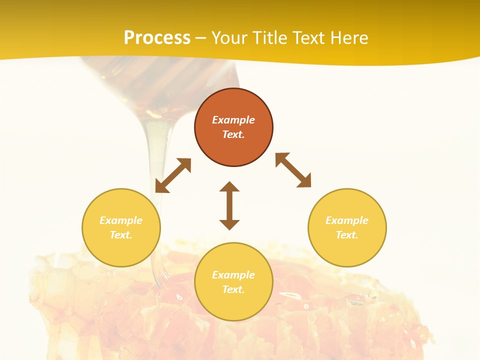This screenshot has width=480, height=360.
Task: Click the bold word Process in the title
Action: point(157,38)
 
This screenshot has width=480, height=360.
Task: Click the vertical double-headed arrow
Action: point(229,205)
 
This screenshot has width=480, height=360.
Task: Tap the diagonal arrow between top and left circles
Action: point(173,175)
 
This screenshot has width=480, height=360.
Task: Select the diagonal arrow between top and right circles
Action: point(293,170)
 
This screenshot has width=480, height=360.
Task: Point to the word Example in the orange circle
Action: point(233,120)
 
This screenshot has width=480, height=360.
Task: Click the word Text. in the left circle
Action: point(121,235)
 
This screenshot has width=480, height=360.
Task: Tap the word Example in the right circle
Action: point(347,220)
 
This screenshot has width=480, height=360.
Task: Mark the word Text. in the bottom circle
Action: point(233,289)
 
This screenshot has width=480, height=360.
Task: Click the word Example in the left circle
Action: point(121,220)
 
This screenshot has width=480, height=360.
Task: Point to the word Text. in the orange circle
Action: point(233,134)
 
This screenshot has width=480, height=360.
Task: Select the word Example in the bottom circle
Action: point(233,275)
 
